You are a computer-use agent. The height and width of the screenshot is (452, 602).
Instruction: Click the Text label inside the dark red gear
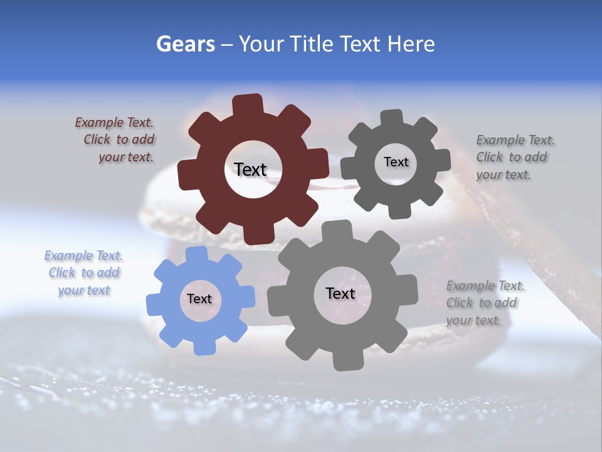tap(250, 169)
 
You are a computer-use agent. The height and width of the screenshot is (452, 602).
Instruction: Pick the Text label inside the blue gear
tap(199, 299)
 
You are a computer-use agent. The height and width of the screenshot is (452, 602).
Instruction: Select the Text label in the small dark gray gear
tap(396, 162)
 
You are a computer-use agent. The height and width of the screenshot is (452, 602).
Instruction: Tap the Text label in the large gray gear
tap(341, 294)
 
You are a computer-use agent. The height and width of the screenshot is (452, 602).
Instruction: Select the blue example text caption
tap(84, 273)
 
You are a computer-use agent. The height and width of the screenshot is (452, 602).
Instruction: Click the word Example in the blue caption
tap(68, 256)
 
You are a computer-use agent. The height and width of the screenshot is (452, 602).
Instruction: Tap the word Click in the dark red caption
tap(97, 140)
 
